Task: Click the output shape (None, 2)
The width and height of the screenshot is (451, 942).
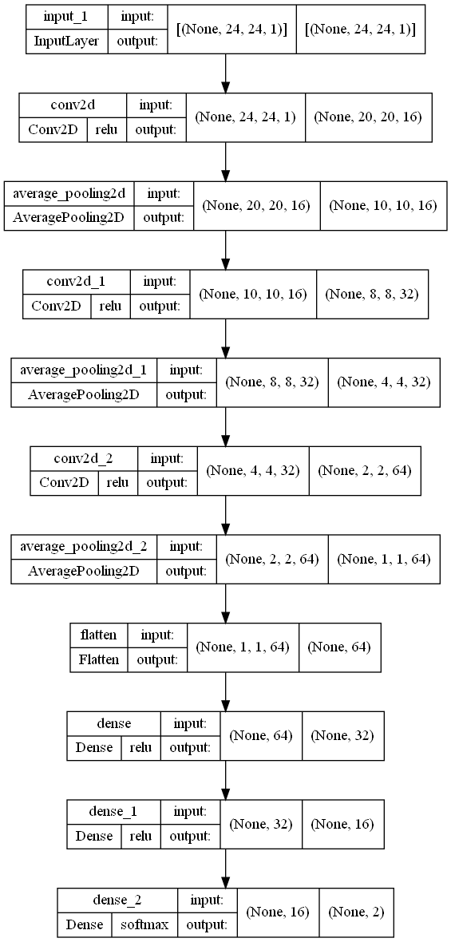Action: (x=356, y=912)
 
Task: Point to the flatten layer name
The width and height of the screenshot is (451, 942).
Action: (x=98, y=635)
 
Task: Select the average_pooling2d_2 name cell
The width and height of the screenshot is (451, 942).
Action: (x=85, y=546)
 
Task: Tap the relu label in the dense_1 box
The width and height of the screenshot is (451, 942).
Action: (x=140, y=837)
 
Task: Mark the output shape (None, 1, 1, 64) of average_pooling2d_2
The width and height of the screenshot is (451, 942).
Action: (x=382, y=559)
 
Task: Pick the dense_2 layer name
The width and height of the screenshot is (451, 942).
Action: (x=117, y=900)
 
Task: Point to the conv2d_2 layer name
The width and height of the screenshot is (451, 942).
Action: (x=84, y=458)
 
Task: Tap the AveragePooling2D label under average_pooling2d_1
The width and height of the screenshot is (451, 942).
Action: (x=84, y=394)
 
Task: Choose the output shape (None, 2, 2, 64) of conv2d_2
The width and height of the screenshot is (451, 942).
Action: (x=364, y=471)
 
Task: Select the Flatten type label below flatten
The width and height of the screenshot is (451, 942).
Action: (x=98, y=659)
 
